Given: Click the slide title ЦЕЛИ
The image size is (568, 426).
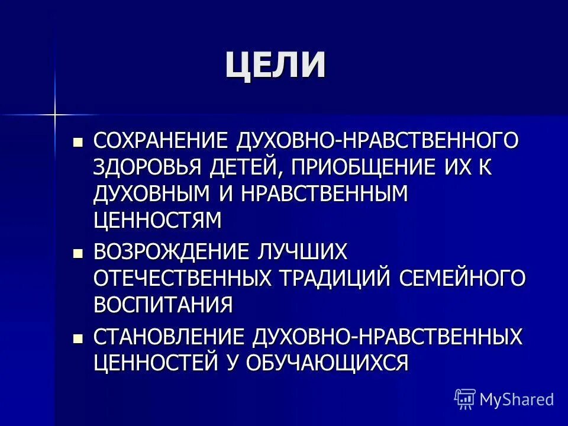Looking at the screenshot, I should [x=275, y=64].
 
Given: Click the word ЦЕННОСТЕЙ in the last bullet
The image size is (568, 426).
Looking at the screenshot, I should [x=155, y=362].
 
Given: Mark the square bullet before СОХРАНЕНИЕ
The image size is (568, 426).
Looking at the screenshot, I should [x=78, y=142].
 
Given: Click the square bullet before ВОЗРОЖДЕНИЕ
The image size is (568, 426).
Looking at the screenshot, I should [x=78, y=252].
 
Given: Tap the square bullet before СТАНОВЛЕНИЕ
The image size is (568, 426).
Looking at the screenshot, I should [x=78, y=337].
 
